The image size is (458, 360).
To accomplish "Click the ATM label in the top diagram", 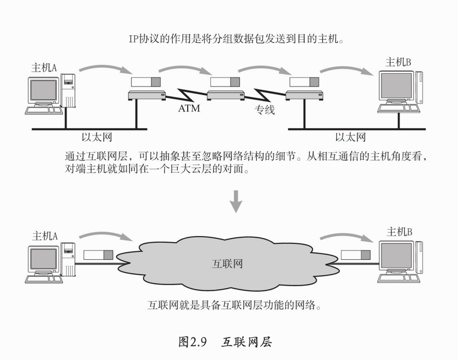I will pyautogui.click(x=188, y=108).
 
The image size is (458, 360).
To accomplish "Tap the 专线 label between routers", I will pyautogui.click(x=264, y=110).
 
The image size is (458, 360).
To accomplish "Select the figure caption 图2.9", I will pyautogui.click(x=192, y=341).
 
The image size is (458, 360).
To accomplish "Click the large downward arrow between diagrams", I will pyautogui.click(x=236, y=201).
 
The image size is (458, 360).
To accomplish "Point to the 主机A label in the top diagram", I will pyautogui.click(x=45, y=68).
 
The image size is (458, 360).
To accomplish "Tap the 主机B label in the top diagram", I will pyautogui.click(x=399, y=62).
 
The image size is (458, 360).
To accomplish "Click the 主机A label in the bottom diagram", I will pyautogui.click(x=45, y=236).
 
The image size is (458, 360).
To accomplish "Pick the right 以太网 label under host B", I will pyautogui.click(x=350, y=137).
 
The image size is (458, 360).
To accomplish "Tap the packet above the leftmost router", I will pyautogui.click(x=146, y=82).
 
